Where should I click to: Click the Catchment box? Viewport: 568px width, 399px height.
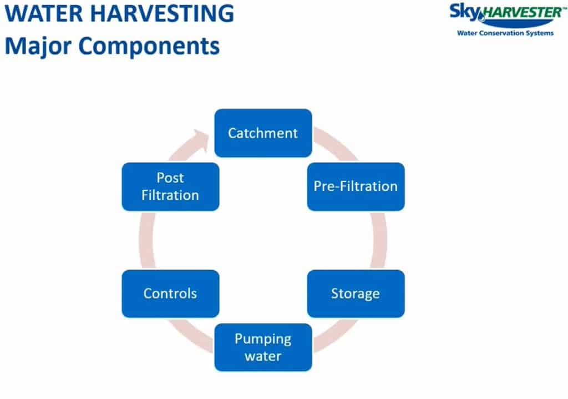pyautogui.click(x=263, y=133)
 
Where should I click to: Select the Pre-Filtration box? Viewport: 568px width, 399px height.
pyautogui.click(x=356, y=186)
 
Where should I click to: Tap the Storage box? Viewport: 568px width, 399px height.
pyautogui.click(x=356, y=294)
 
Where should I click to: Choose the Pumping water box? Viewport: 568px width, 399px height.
pyautogui.click(x=263, y=347)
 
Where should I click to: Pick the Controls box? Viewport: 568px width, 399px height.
pyautogui.click(x=170, y=294)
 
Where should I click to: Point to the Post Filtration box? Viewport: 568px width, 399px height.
pyautogui.click(x=170, y=186)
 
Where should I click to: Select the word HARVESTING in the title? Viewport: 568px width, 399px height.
pyautogui.click(x=161, y=13)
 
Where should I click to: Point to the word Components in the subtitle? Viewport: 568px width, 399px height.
pyautogui.click(x=149, y=47)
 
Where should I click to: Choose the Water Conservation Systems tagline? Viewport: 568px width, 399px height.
pyautogui.click(x=505, y=33)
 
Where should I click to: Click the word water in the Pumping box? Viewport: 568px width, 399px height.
pyautogui.click(x=263, y=356)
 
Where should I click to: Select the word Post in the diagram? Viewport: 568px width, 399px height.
pyautogui.click(x=170, y=178)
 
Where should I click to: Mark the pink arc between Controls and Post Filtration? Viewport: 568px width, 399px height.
pyautogui.click(x=146, y=240)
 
